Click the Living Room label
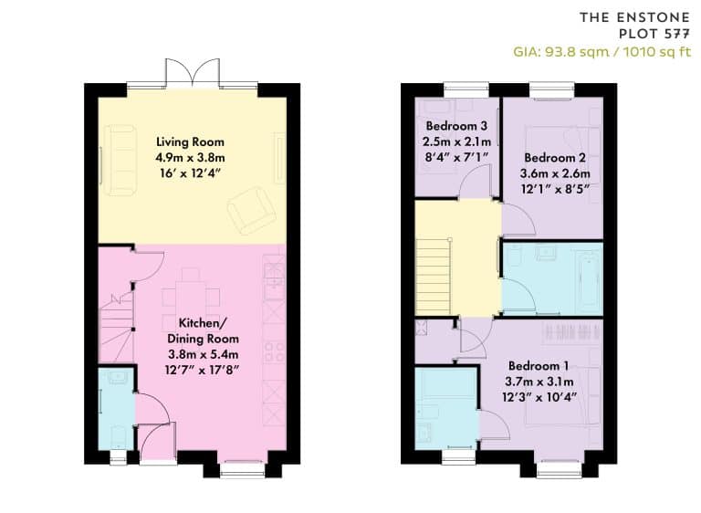tap(190, 141)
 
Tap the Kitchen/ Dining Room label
tap(203, 330)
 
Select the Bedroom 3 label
tap(456, 126)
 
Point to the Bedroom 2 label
tap(555, 157)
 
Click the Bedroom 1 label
tap(539, 366)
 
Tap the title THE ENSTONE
tap(635, 17)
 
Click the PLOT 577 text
tap(654, 34)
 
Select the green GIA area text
tap(602, 52)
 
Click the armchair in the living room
tap(251, 210)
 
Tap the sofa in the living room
tap(120, 160)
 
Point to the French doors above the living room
tap(193, 72)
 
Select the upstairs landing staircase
tap(433, 277)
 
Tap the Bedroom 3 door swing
tap(476, 181)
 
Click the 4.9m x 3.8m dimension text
tap(190, 157)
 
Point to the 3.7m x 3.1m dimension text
tap(539, 382)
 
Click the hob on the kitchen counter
tap(274, 351)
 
